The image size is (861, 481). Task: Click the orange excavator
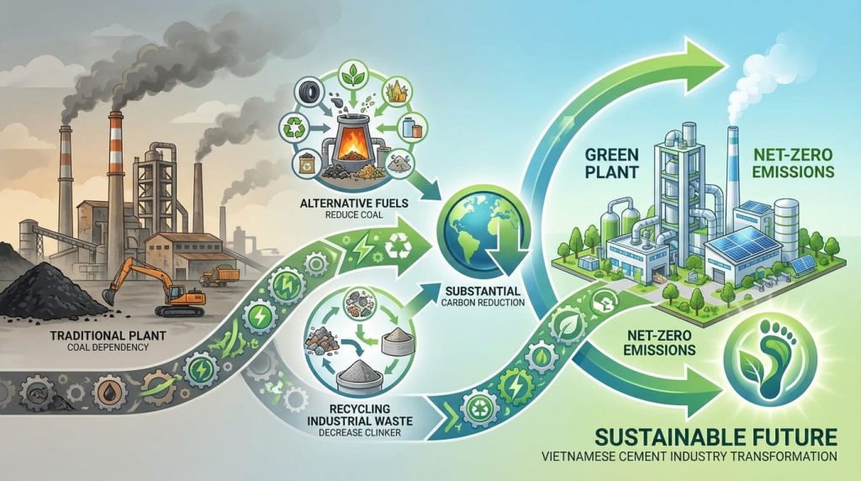(x=159, y=287)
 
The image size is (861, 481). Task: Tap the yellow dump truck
(x=219, y=276)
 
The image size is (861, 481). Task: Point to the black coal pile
(x=52, y=288)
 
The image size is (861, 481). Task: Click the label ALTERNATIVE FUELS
(x=354, y=203)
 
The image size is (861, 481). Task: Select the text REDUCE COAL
(x=354, y=214)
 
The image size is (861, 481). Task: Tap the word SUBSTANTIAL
(x=483, y=290)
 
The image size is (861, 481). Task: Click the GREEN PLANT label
(x=611, y=162)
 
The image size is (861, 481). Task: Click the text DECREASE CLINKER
(x=360, y=433)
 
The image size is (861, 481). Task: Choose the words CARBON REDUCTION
(x=483, y=303)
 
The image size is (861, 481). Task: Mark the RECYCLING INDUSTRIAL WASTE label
(x=360, y=415)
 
